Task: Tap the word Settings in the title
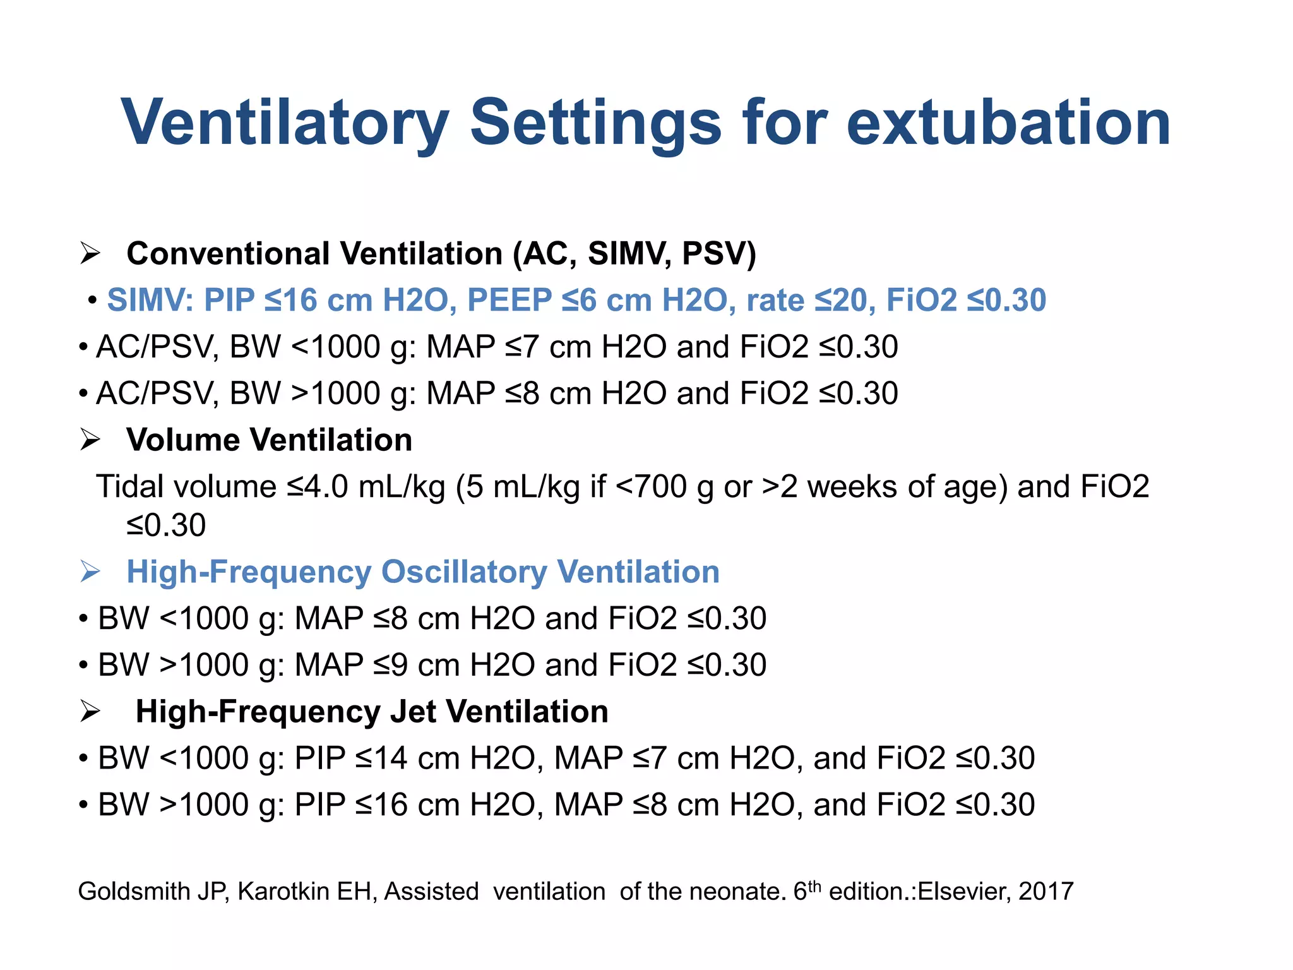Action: [x=595, y=123]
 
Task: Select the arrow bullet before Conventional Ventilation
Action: [x=90, y=254]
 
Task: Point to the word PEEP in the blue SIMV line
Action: [x=509, y=300]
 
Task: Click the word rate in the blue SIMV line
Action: [x=775, y=300]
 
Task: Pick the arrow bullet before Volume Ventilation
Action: [x=90, y=440]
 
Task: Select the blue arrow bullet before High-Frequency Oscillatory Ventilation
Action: [x=90, y=572]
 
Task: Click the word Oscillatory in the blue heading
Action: [x=463, y=572]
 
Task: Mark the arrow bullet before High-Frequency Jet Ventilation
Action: [x=90, y=712]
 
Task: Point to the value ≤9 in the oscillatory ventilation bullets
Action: [x=390, y=665]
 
